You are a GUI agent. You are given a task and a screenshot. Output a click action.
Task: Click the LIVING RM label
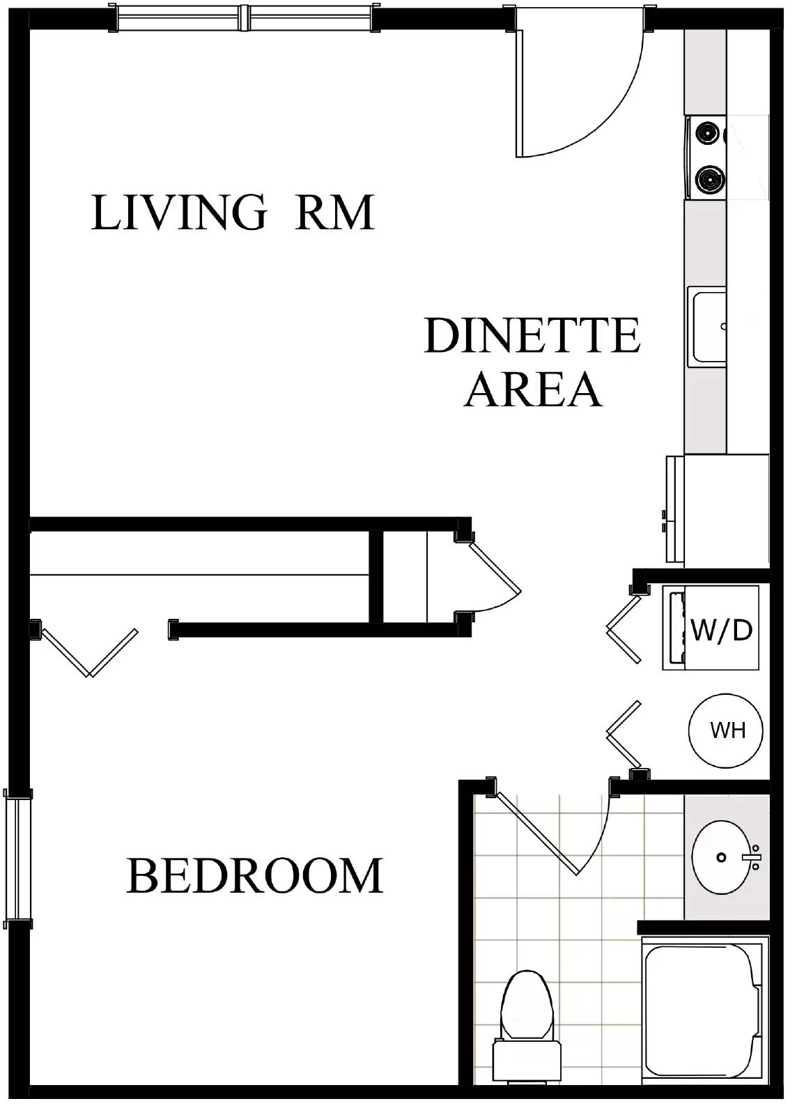(x=232, y=213)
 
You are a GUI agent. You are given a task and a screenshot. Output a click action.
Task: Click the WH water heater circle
(x=725, y=731)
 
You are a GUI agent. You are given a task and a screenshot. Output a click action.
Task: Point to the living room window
(x=245, y=18)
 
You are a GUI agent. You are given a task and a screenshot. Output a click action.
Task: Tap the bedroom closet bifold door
(x=90, y=652)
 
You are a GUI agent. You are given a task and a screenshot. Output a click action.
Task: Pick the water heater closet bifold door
(x=623, y=735)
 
